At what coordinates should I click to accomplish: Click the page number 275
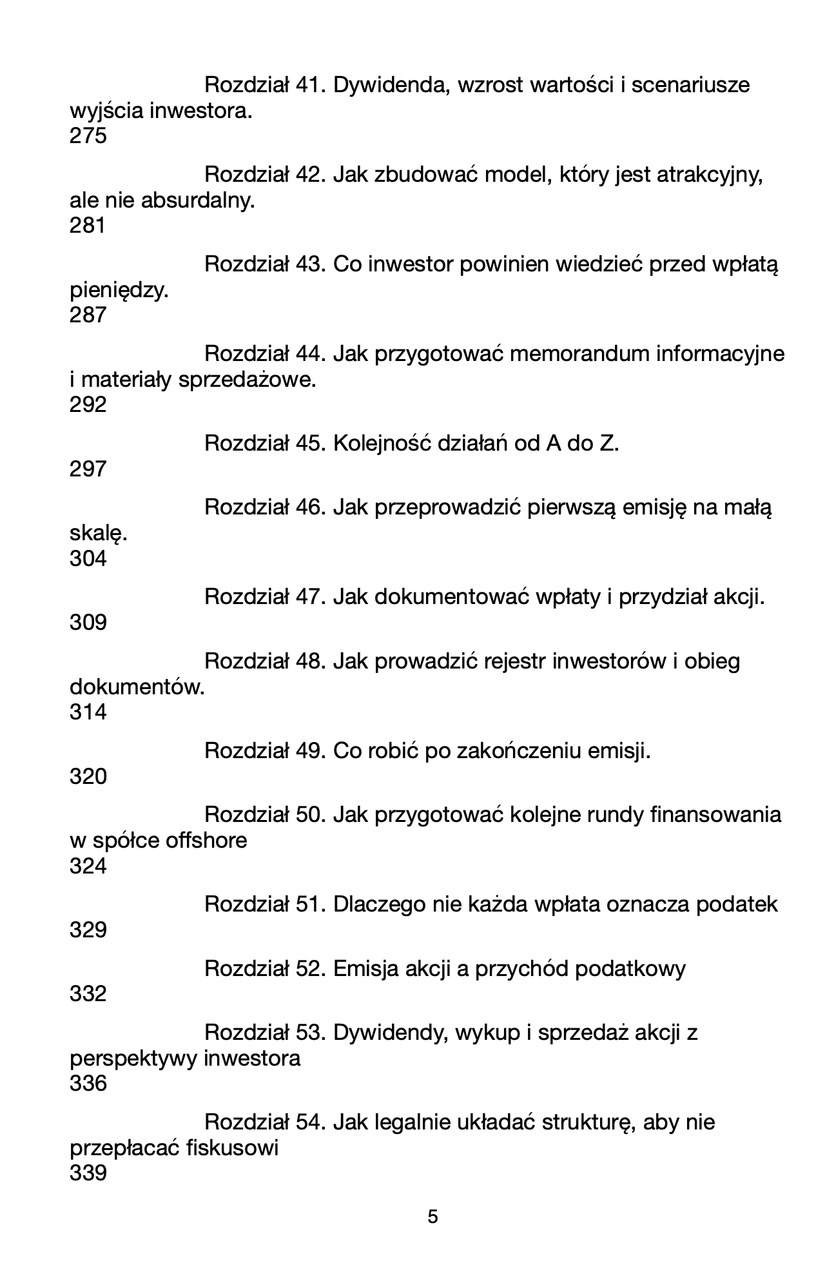point(88,137)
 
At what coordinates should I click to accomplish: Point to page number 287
point(88,315)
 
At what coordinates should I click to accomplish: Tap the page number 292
point(88,405)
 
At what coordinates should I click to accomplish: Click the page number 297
point(88,469)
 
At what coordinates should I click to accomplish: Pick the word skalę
point(98,534)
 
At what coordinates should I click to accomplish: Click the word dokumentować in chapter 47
point(452,597)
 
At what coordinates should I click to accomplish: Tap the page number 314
point(88,712)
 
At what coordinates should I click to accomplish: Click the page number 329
point(88,930)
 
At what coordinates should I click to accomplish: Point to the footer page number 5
point(433,1217)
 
